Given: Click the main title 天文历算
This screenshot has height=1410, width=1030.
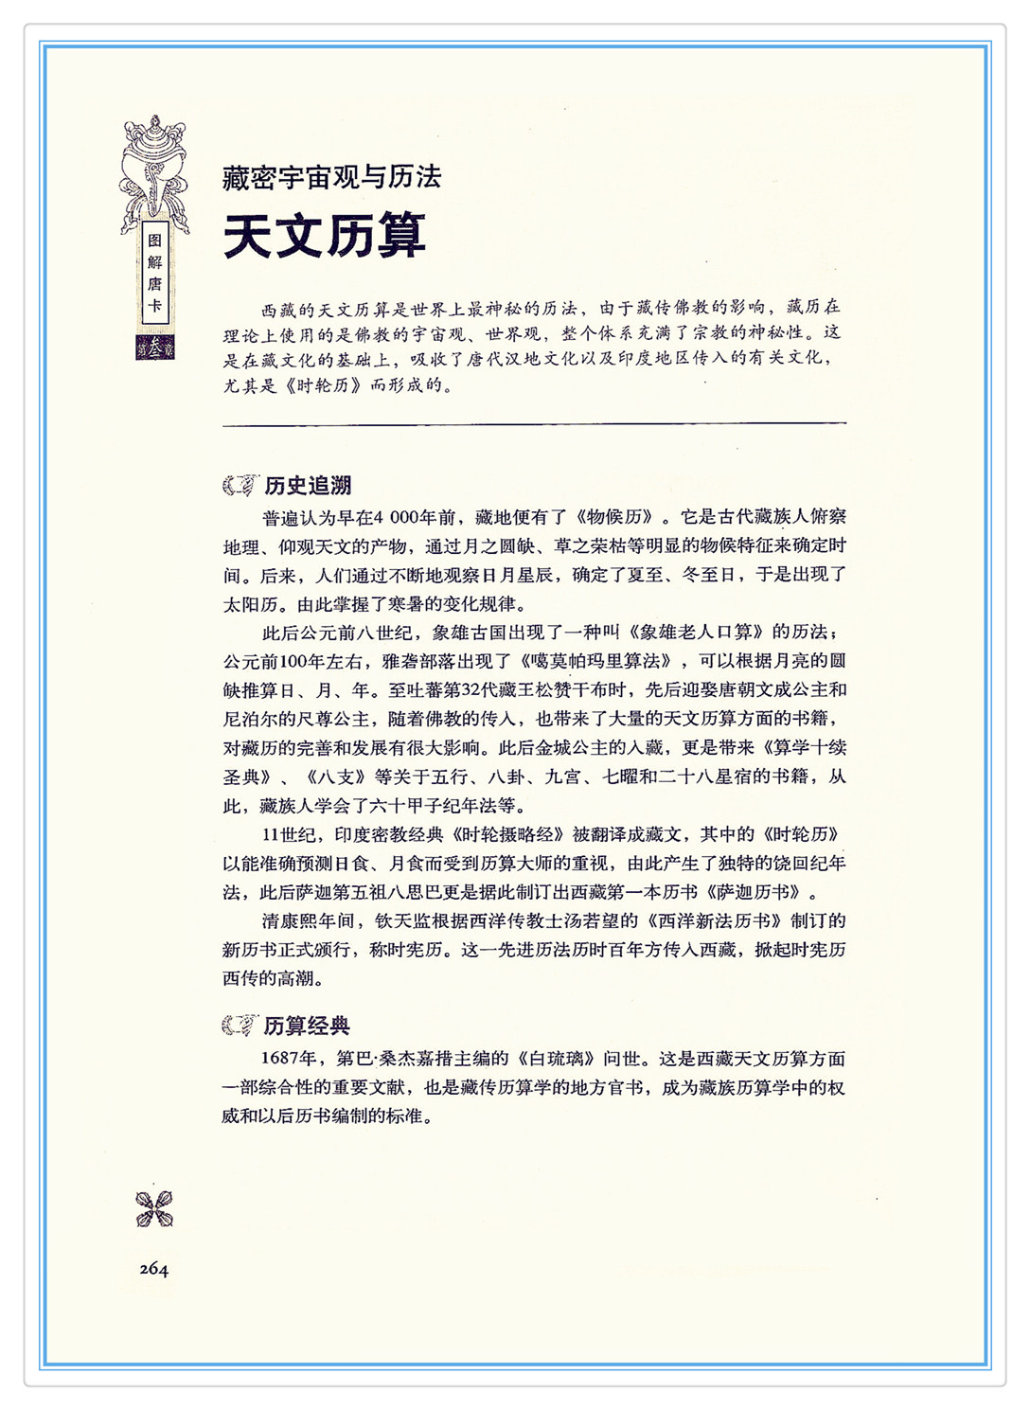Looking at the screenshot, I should click(x=325, y=236).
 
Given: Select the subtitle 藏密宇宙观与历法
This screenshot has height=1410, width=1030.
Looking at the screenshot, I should click(x=331, y=177).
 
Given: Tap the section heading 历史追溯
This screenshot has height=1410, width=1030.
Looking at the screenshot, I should click(x=308, y=486).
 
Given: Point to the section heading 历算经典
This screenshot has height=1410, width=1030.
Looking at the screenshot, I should click(x=307, y=1026).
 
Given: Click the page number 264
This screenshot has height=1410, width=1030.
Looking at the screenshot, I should click(x=153, y=1269).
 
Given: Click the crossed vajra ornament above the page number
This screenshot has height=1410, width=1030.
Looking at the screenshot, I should click(x=154, y=1209).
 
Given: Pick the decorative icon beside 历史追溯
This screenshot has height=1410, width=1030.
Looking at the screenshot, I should click(x=240, y=486).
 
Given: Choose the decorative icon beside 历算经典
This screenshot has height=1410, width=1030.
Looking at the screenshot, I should click(x=240, y=1026).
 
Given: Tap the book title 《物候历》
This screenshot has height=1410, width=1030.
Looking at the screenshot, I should click(x=615, y=517).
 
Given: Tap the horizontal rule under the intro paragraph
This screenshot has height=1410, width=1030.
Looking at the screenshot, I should click(x=534, y=424).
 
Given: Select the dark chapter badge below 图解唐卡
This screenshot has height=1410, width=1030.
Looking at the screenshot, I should click(x=154, y=348).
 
